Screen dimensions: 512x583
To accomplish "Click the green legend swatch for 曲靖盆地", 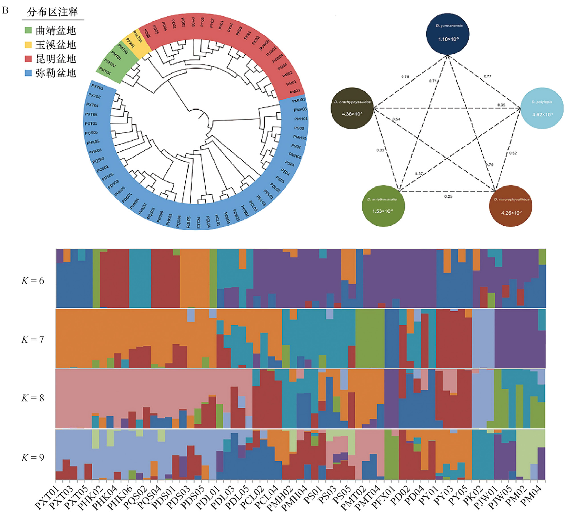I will [x=28, y=30].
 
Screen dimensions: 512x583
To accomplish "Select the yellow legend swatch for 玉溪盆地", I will [x=28, y=45].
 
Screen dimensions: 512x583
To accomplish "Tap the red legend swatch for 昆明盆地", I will [x=28, y=59].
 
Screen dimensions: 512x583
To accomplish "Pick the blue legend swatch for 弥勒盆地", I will [x=28, y=73].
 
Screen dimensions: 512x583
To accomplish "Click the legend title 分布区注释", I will [x=52, y=12].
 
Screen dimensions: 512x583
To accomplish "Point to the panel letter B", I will [x=5, y=11].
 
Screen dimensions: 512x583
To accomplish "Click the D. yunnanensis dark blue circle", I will [x=448, y=34].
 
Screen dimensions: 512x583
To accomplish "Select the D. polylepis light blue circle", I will [x=542, y=108].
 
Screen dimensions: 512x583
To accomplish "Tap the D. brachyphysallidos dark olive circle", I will [x=352, y=108].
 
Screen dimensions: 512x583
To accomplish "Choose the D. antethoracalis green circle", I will [x=383, y=206].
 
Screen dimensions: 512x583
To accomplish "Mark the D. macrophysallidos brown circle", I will [x=511, y=206].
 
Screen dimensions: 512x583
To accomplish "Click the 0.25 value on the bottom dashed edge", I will [x=448, y=196].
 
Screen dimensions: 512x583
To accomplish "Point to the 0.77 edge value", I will [x=488, y=76].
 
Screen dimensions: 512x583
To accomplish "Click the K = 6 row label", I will [x=33, y=281].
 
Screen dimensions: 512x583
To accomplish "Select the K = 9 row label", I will [x=33, y=458].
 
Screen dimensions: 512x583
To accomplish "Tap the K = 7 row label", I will [x=33, y=339].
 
